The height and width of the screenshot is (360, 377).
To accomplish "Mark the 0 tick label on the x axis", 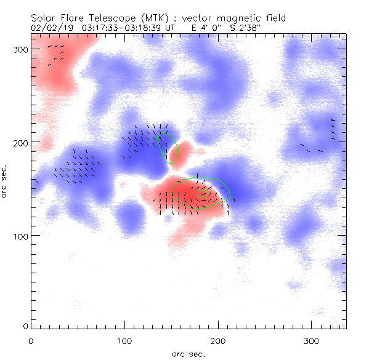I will [31, 340].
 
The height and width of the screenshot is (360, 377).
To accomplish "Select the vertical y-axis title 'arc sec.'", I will [6, 181].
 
